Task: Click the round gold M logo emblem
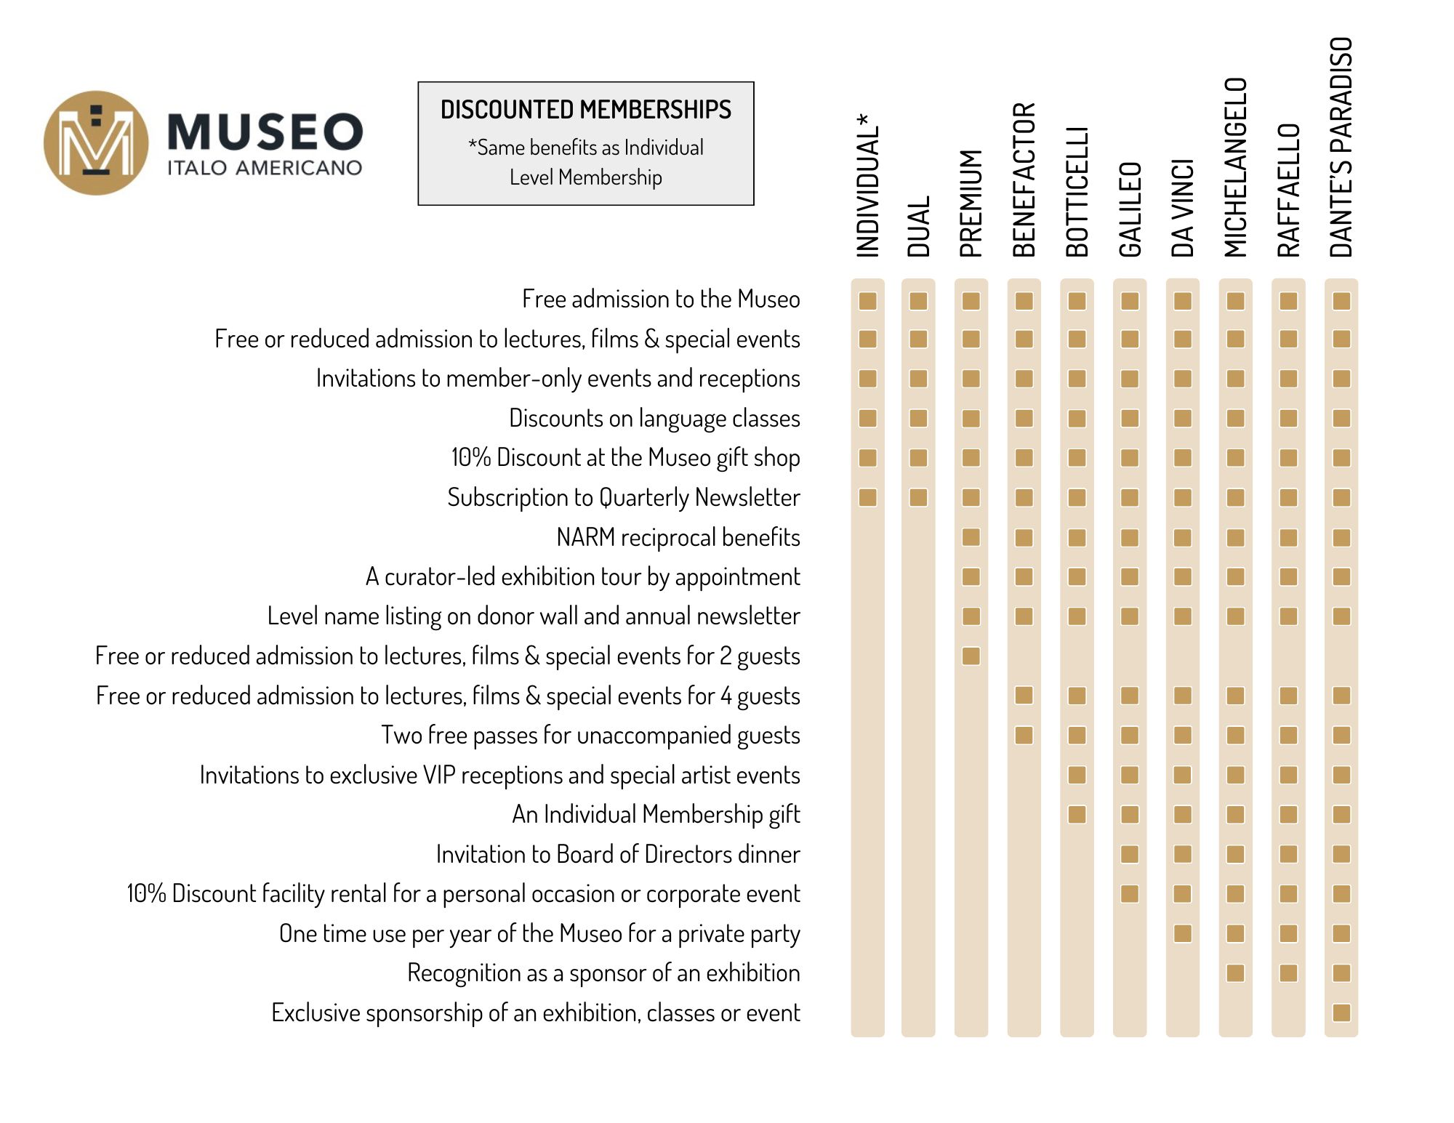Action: (96, 142)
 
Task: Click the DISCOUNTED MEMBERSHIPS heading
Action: (585, 110)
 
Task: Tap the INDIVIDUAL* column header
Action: (867, 185)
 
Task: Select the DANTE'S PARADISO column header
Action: (1341, 148)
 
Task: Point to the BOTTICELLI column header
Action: (1077, 192)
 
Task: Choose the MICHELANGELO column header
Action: (1235, 167)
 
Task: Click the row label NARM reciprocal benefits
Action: (678, 537)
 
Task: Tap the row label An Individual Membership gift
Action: (656, 814)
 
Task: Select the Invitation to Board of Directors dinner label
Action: (618, 854)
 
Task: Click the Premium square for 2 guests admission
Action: (971, 656)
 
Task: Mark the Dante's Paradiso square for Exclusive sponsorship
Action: (1341, 1013)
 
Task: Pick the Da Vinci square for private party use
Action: (1183, 933)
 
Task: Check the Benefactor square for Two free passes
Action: (1024, 735)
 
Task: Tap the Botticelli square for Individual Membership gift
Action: (1077, 814)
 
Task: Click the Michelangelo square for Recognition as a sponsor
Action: (1235, 973)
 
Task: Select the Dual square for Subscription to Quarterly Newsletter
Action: (918, 497)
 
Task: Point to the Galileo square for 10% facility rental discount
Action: (1130, 893)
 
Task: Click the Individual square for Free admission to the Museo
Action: (867, 301)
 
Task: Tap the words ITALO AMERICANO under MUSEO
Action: (265, 168)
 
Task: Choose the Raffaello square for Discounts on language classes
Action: (1288, 418)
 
